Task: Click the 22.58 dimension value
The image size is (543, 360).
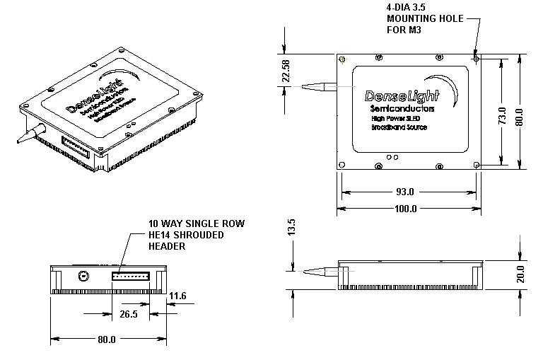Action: pos(286,71)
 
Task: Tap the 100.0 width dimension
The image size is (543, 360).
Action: pos(406,209)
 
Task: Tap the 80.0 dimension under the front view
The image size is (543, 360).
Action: pos(106,339)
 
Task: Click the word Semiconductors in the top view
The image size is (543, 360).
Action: pos(402,109)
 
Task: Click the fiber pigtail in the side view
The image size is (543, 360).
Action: pos(318,269)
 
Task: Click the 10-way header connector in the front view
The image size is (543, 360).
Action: pos(130,274)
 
